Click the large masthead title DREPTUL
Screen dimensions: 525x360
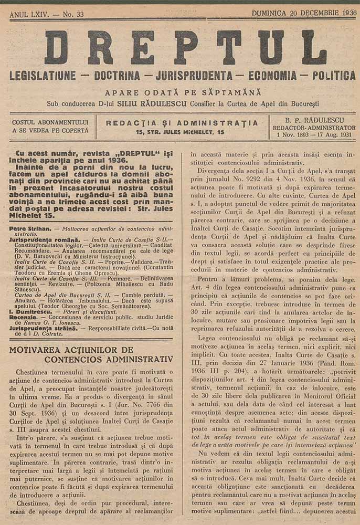185,47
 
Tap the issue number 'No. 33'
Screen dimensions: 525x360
73,14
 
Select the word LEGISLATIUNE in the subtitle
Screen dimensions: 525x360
43,76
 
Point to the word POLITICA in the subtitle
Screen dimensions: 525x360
334,76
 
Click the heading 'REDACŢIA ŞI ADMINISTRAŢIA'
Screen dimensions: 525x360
182,123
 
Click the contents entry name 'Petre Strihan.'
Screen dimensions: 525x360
31,229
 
